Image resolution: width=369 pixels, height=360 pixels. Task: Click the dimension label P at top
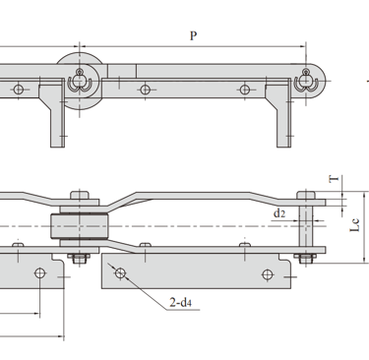pyautogui.click(x=194, y=35)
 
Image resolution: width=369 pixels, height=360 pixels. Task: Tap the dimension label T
pyautogui.click(x=334, y=179)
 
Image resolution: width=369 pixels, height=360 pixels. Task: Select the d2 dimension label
pyautogui.click(x=279, y=213)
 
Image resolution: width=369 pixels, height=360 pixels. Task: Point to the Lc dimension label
pyautogui.click(x=355, y=225)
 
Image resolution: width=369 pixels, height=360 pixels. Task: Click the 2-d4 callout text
pyautogui.click(x=180, y=302)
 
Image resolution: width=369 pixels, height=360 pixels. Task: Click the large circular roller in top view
pyautogui.click(x=79, y=81)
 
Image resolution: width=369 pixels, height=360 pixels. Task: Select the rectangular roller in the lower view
pyautogui.click(x=80, y=225)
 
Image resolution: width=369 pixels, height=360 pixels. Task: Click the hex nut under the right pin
pyautogui.click(x=305, y=259)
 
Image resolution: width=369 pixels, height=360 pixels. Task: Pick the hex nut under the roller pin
pyautogui.click(x=80, y=259)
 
